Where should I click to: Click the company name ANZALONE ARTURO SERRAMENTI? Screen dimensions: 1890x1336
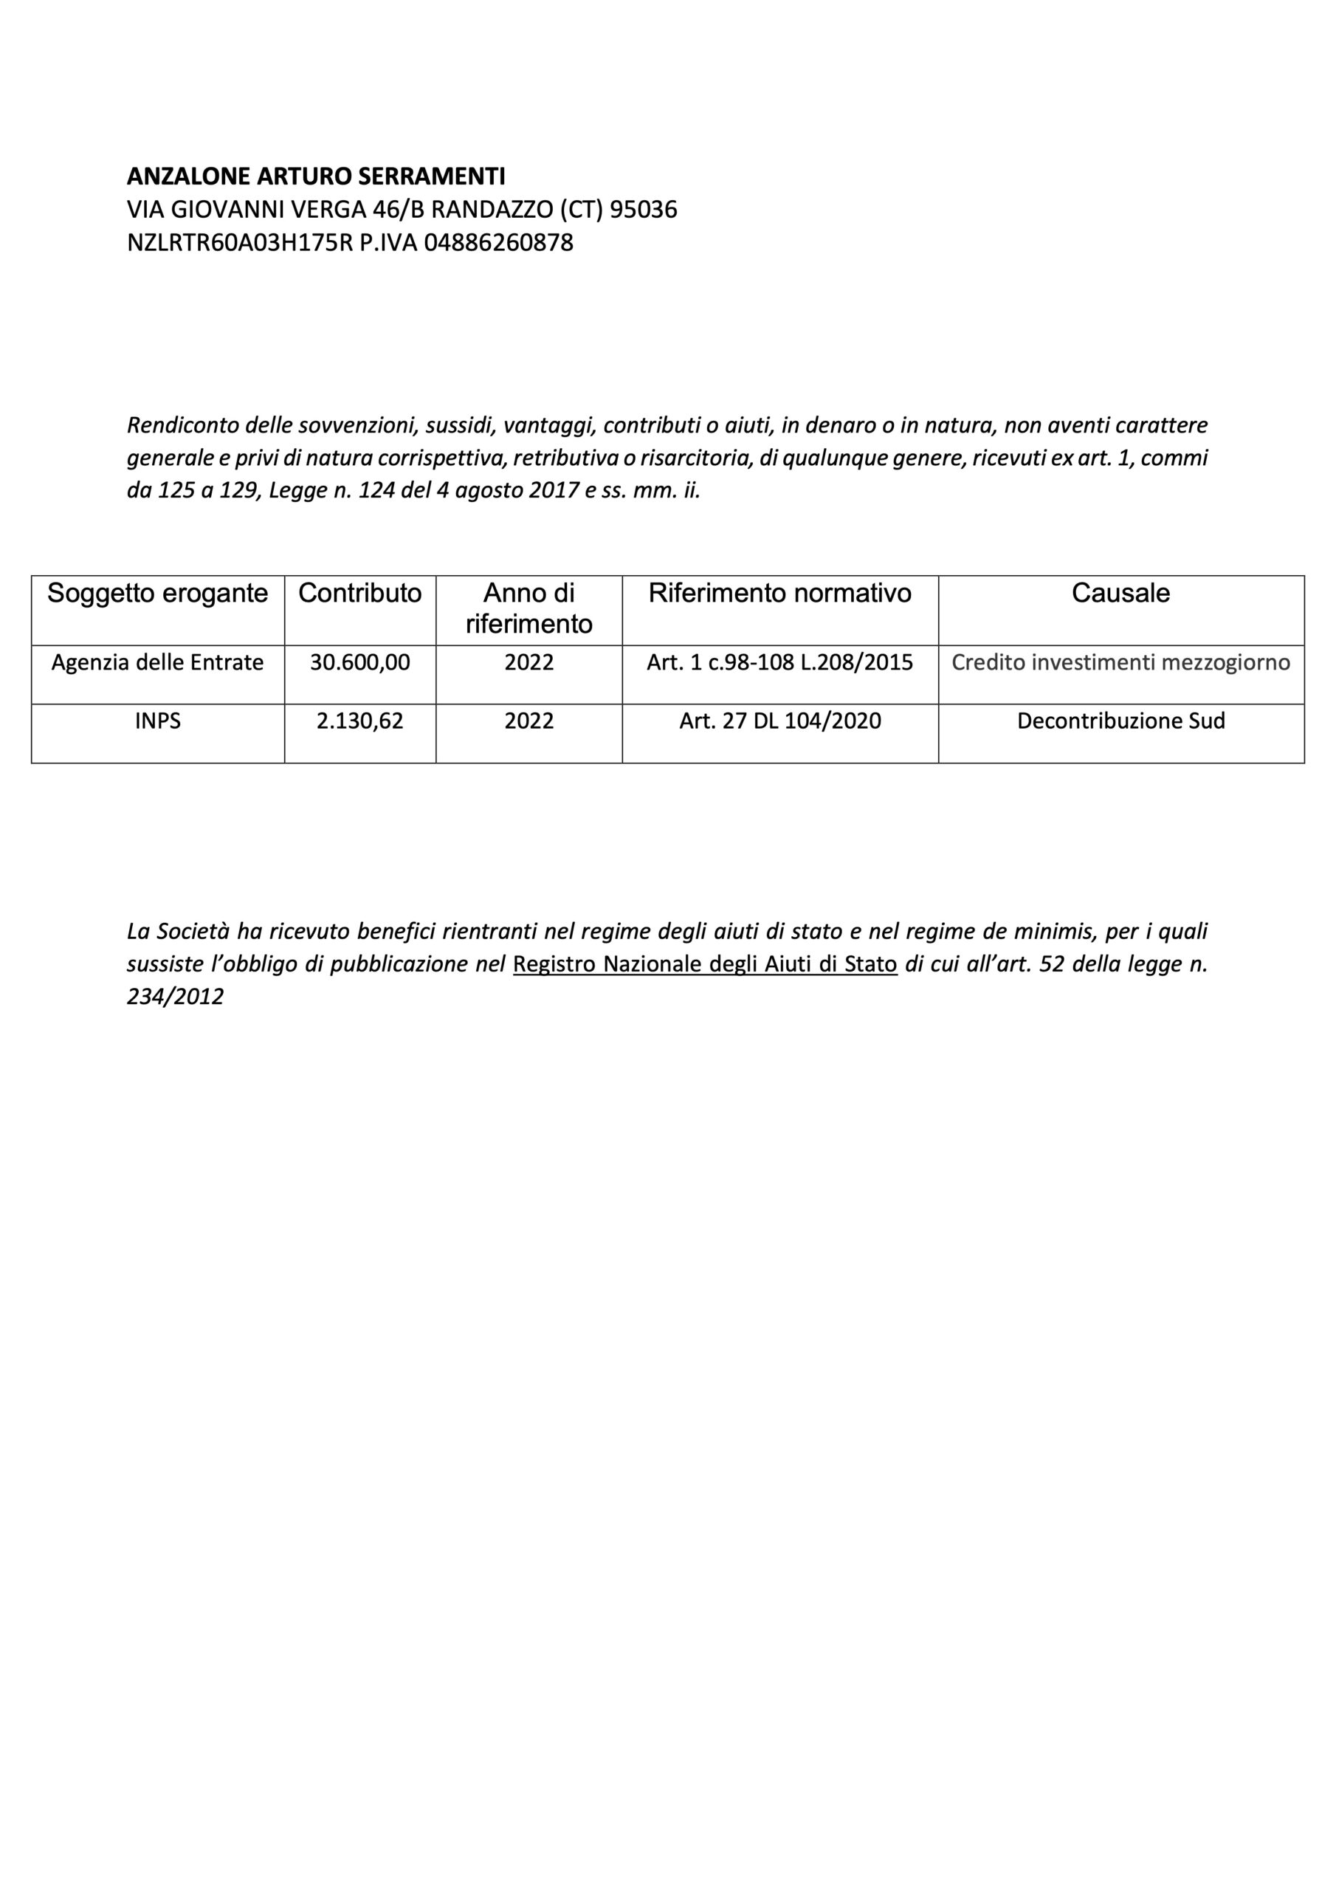point(316,176)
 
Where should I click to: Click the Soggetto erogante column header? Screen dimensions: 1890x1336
point(157,594)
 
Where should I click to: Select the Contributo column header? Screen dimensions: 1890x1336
point(359,594)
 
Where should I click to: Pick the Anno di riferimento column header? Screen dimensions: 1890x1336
point(528,608)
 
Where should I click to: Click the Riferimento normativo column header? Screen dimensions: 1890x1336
point(779,594)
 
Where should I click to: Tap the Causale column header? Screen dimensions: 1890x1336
point(1120,594)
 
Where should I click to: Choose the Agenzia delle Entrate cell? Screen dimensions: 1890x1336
point(157,663)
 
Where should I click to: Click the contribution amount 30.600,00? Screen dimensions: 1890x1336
point(359,663)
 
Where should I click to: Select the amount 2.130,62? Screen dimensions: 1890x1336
point(359,721)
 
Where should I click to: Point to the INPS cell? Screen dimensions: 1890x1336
point(157,721)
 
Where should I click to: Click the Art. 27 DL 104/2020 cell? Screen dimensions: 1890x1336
point(779,721)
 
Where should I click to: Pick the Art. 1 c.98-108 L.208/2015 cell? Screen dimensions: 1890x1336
point(779,663)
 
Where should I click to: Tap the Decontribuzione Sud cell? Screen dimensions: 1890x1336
point(1120,721)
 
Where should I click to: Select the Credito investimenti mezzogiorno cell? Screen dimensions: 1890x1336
point(1120,663)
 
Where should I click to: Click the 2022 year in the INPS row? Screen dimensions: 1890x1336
point(528,721)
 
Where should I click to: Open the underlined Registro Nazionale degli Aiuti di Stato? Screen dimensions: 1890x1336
point(705,964)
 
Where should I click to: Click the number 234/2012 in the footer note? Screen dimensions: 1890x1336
point(176,997)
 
